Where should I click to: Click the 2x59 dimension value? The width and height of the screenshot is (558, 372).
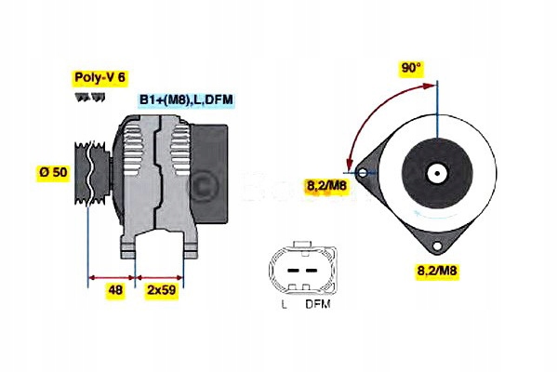pyautogui.click(x=161, y=290)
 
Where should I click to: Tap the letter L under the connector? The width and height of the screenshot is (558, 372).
pyautogui.click(x=284, y=304)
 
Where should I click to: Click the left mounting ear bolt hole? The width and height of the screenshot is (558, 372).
pyautogui.click(x=363, y=172)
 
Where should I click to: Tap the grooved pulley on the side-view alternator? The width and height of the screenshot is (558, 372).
pyautogui.click(x=92, y=172)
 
